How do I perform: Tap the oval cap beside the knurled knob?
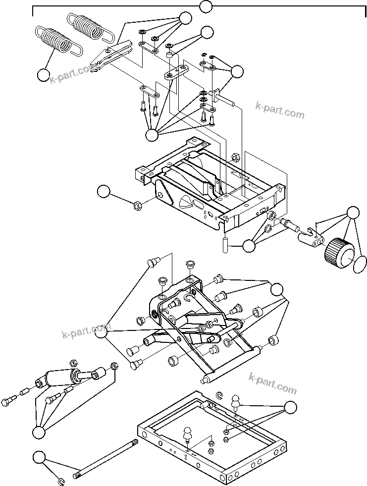[x=360, y=264]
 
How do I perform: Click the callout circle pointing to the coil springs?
[x=44, y=76]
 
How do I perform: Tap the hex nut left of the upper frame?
[x=138, y=204]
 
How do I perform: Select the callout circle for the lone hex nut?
[x=103, y=192]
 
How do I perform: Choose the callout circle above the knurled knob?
[x=353, y=213]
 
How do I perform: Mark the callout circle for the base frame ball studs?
[x=291, y=407]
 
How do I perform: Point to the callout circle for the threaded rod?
[x=39, y=457]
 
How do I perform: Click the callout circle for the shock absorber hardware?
[x=38, y=432]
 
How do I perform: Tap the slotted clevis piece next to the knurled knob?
[x=309, y=236]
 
